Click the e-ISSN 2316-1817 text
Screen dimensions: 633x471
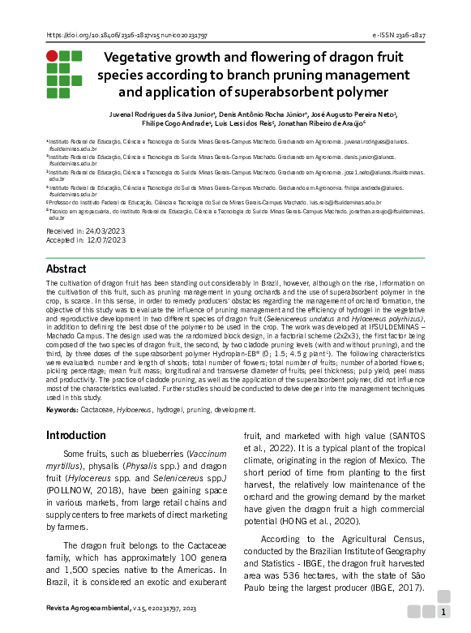(x=398, y=37)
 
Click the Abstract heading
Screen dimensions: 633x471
(x=66, y=269)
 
